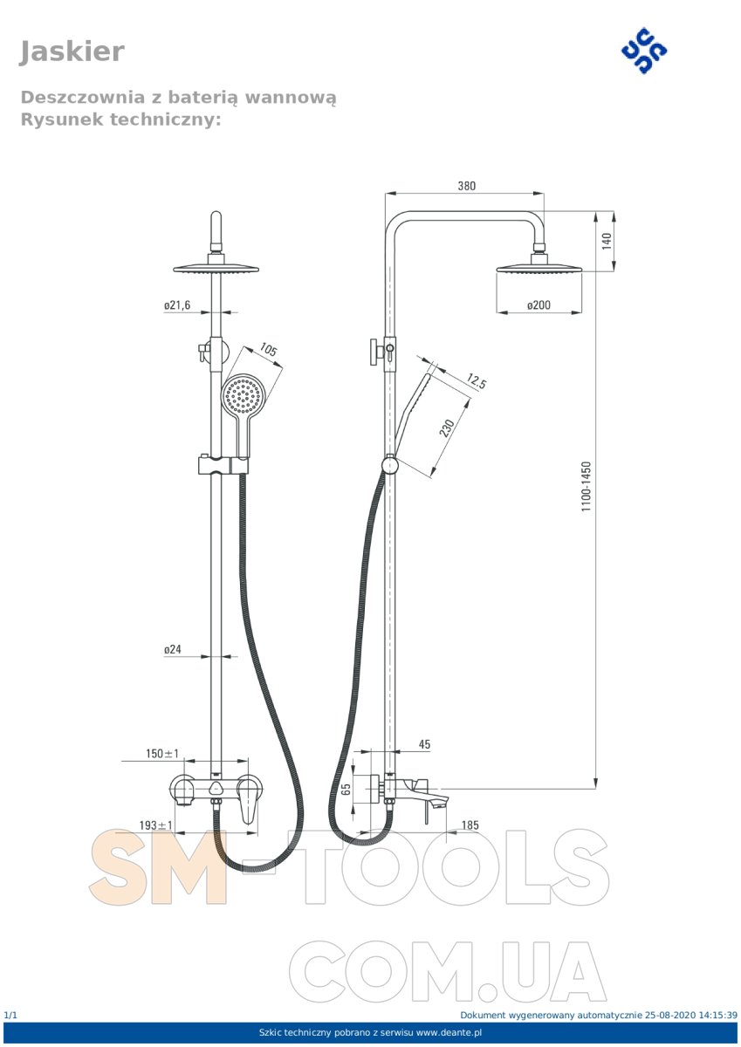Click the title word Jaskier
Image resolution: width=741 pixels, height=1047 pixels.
[72, 51]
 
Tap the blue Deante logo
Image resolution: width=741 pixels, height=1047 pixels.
[644, 51]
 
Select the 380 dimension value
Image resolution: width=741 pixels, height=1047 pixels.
[466, 186]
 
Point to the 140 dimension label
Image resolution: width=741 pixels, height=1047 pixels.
[607, 241]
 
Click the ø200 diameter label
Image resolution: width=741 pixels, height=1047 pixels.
[539, 305]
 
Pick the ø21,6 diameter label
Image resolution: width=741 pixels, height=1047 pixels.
[177, 305]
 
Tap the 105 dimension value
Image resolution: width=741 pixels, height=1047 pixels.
[268, 349]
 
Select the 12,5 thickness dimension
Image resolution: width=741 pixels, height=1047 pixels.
[476, 381]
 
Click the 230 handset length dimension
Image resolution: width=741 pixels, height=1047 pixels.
[448, 428]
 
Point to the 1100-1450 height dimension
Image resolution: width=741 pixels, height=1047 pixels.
[587, 486]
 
